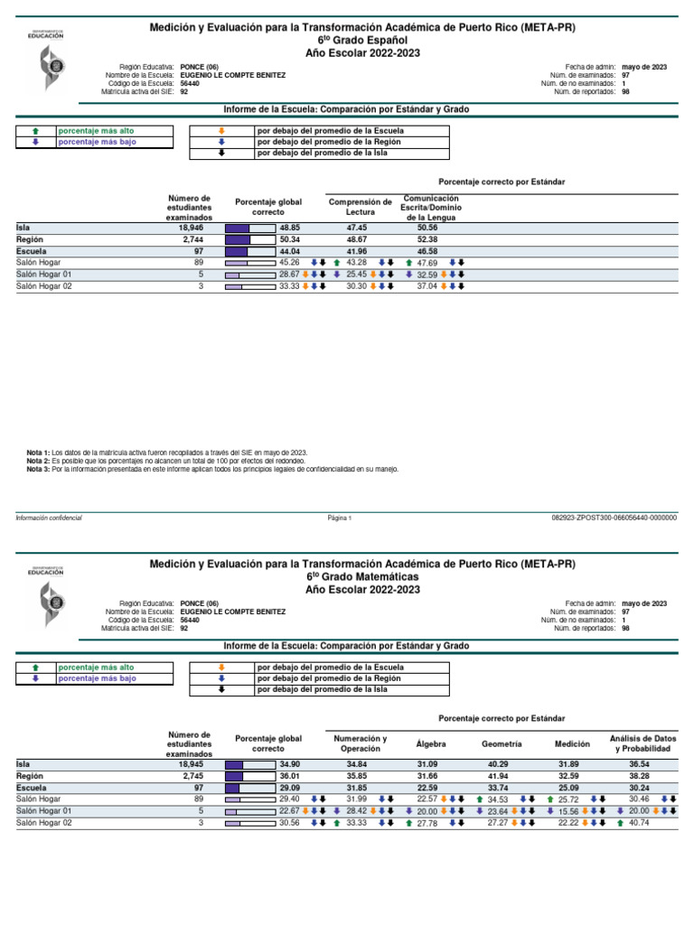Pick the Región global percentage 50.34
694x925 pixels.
(x=289, y=239)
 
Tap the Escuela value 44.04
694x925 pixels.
(x=289, y=251)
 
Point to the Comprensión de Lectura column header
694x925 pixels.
(x=360, y=207)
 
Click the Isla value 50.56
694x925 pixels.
(x=427, y=229)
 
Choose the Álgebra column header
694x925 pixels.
(x=431, y=743)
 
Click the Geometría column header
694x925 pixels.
(x=502, y=743)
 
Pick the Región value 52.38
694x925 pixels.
(x=427, y=239)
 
